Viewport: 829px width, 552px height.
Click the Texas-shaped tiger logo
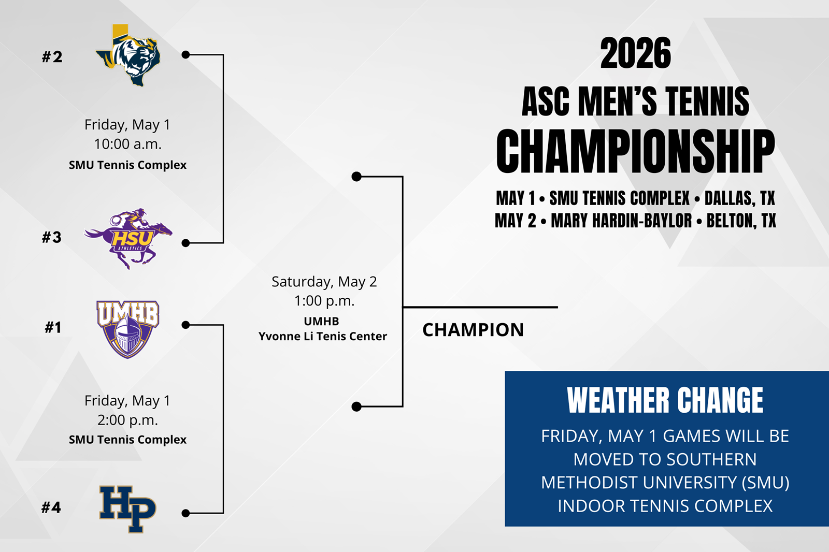pos(128,55)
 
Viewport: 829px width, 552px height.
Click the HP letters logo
pos(127,509)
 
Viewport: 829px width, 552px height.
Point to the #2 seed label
pos(52,57)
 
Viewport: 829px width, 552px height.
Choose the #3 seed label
pos(51,237)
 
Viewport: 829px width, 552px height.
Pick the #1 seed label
pos(53,327)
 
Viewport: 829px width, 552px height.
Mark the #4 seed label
pos(51,507)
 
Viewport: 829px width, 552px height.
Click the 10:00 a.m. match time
pos(127,144)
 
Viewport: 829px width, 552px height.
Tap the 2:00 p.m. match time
pos(127,420)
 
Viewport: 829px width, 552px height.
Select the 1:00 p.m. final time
pos(324,301)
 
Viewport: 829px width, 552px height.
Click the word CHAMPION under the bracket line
pos(473,330)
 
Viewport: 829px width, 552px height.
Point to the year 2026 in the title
pos(635,53)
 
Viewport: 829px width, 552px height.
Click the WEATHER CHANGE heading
pos(665,400)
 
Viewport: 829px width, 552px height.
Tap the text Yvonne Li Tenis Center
pos(323,336)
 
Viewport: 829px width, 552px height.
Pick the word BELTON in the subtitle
pos(731,221)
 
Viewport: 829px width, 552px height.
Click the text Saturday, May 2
pos(324,282)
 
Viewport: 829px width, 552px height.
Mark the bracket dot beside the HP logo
pos(186,513)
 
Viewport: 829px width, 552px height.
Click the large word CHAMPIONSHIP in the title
pos(635,151)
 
